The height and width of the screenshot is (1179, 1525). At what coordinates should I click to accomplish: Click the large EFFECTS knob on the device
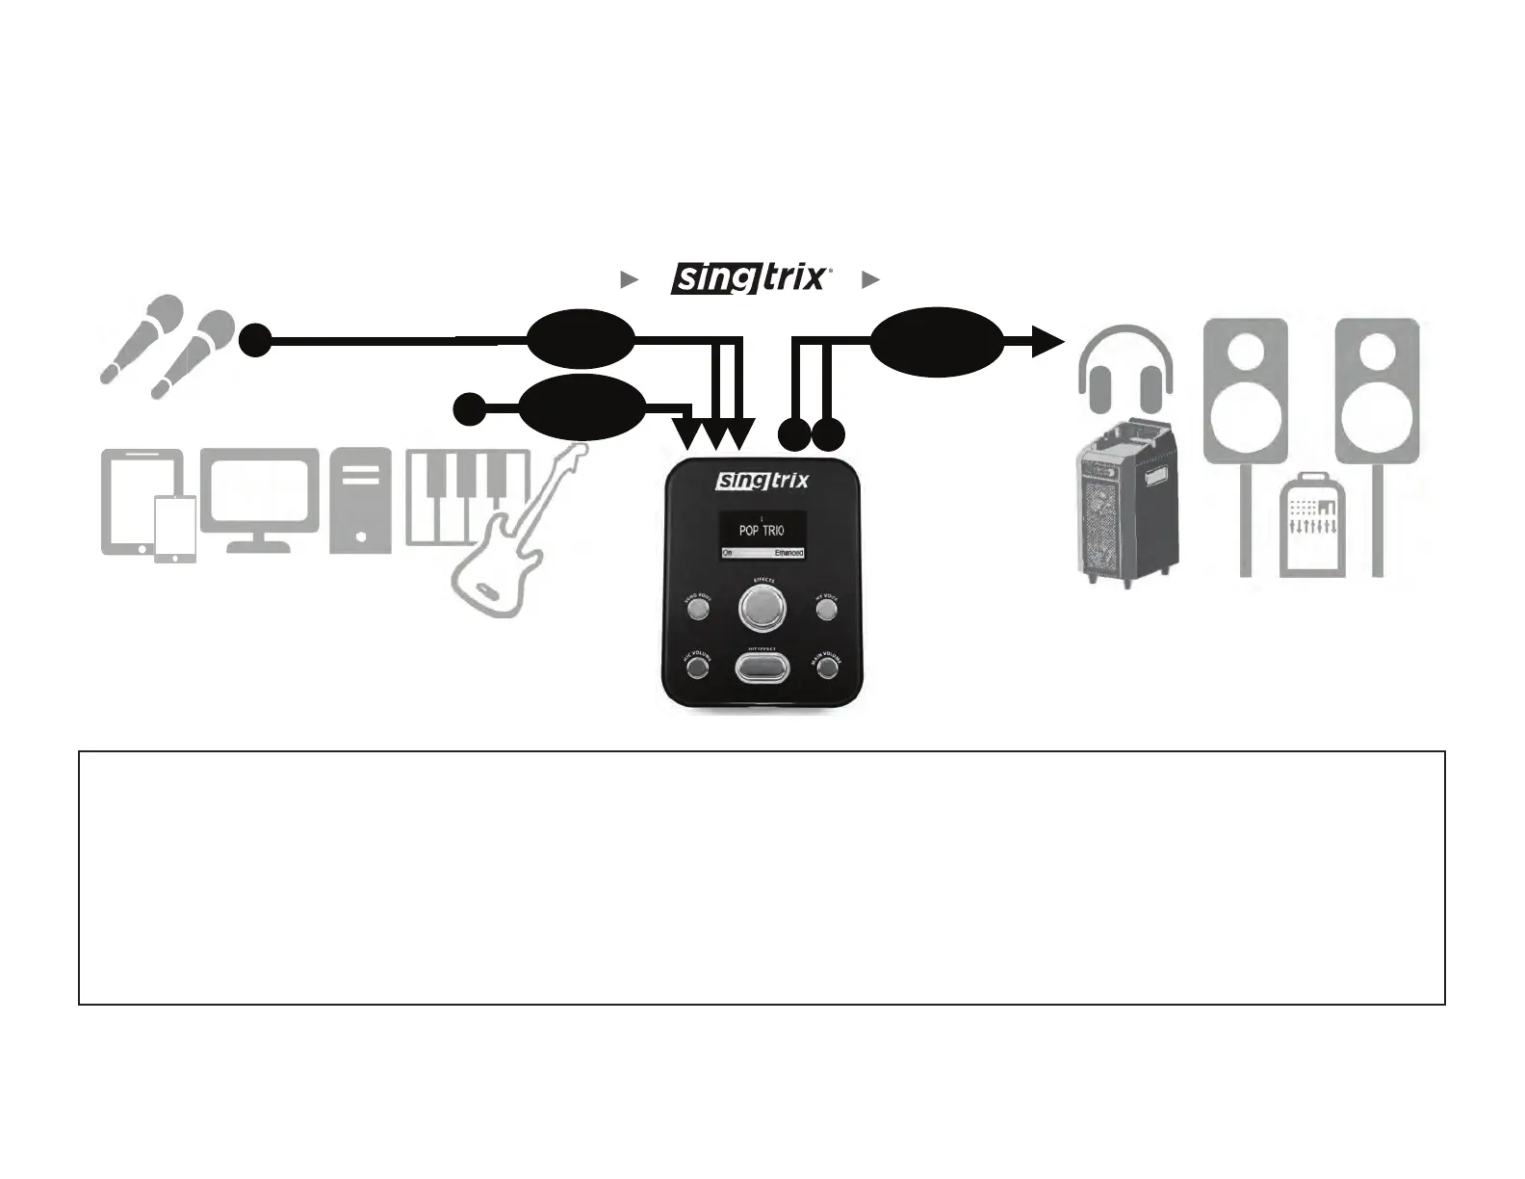coord(762,608)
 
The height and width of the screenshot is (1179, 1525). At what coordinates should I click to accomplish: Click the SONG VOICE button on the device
coord(699,608)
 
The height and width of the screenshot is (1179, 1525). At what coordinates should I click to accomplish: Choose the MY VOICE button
coord(825,608)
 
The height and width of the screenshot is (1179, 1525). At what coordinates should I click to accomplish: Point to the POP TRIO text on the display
coord(761,530)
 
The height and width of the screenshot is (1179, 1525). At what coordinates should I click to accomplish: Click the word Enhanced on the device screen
coord(788,553)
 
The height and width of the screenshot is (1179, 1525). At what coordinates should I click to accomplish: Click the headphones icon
coord(1124,371)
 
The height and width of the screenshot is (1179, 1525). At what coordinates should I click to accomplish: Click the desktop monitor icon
coord(259,499)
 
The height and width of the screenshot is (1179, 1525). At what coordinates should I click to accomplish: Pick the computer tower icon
coord(360,500)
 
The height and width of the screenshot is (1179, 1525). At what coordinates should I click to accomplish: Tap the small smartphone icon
coord(175,529)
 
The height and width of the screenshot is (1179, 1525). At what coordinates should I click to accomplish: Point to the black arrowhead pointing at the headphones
coord(1047,341)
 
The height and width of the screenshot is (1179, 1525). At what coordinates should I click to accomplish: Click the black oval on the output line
coord(937,341)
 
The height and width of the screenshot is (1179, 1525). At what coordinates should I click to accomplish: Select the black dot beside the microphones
coord(255,340)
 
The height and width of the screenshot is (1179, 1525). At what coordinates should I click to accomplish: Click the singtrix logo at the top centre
coord(749,278)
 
